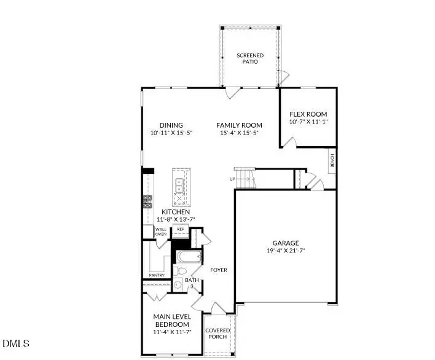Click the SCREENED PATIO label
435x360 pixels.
250,60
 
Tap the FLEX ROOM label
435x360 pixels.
308,114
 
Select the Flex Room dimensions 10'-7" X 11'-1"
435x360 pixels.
308,122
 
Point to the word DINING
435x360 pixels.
171,125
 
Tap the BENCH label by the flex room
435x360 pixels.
332,162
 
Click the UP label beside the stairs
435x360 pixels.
232,179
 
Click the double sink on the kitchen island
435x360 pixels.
179,182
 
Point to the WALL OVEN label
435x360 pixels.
160,232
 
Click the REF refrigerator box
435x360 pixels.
181,229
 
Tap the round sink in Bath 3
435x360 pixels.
177,284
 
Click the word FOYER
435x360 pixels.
219,270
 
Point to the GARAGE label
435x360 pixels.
286,242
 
